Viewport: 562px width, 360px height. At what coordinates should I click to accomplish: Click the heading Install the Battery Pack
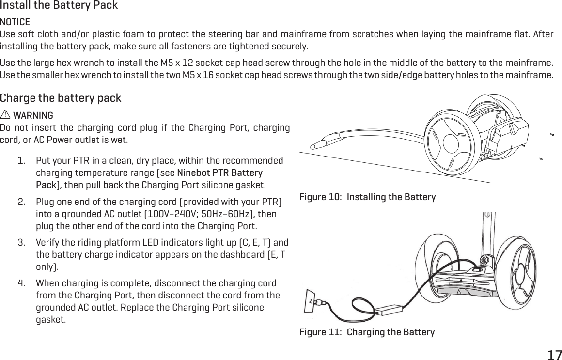point(59,6)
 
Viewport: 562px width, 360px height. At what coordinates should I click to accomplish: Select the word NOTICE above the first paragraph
point(15,22)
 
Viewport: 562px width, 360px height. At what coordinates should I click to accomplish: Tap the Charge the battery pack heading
point(61,98)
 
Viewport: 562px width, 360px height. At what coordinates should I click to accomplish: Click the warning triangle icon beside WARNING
point(5,116)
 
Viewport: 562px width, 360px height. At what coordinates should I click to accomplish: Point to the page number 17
point(554,355)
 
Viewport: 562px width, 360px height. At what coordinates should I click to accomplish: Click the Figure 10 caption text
point(367,197)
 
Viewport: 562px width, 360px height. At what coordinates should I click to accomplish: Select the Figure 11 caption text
point(367,332)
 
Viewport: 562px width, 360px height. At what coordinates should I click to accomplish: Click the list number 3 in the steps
point(22,242)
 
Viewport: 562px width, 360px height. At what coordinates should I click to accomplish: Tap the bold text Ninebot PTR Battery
point(220,173)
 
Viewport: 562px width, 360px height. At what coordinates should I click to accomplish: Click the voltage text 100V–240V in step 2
point(162,214)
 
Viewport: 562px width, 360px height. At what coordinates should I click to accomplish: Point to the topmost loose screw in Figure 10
point(552,135)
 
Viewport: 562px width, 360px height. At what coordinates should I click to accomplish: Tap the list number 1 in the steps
point(22,160)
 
